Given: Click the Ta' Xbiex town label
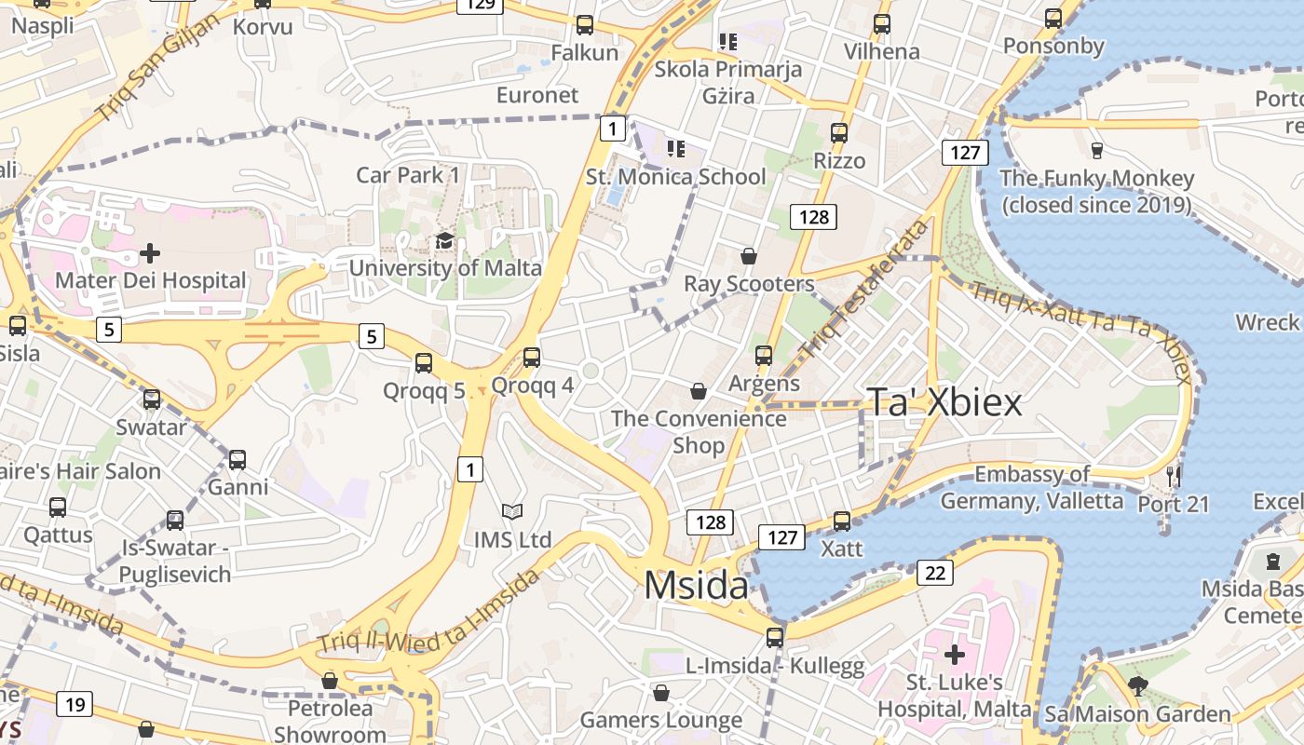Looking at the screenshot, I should coord(944,401).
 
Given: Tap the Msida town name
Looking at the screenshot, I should coord(696,586).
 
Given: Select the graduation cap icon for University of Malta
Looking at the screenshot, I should coord(445,242).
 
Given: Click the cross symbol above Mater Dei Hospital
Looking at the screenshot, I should coord(150,252).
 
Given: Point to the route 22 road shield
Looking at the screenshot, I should coord(934,573).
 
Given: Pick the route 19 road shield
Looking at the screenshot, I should coord(75,704).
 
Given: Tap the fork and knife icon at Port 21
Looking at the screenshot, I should coord(1174,477).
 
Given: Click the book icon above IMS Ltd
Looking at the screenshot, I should coord(512,511).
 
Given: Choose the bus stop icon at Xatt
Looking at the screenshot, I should coord(842,521).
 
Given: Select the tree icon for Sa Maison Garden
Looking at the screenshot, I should coord(1137,687).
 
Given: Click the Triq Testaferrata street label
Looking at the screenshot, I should coord(865,290).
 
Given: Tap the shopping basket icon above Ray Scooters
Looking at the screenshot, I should coord(749,256).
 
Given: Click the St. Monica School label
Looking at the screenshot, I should coord(675,177).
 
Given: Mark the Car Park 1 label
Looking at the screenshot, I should coord(408,175).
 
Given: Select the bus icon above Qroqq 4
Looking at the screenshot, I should coord(532,358).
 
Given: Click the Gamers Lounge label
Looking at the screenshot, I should coord(661,720).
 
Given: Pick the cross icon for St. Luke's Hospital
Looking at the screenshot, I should coord(955,655).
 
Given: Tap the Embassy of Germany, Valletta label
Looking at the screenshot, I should coord(1032,488).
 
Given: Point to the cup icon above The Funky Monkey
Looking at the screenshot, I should coord(1096,150).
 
